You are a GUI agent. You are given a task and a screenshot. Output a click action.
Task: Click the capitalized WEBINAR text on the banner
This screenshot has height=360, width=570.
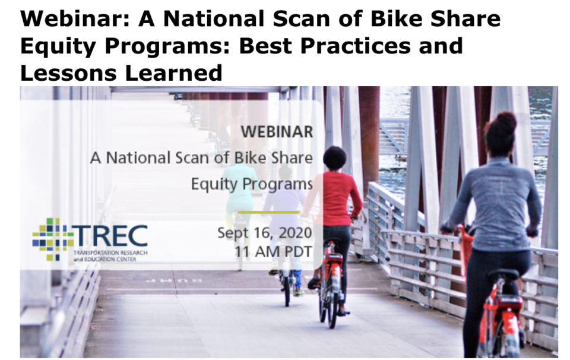[277, 132]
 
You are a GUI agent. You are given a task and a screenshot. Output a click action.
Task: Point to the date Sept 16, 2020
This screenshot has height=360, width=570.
[264, 232]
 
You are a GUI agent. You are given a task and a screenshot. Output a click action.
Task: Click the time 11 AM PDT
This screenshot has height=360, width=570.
[274, 251]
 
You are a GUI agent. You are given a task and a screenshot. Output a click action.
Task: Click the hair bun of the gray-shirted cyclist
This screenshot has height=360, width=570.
[504, 122]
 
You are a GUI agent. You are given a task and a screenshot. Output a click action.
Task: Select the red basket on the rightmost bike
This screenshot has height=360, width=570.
[466, 249]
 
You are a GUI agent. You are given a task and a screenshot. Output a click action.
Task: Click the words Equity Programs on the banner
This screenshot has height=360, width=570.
[252, 184]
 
